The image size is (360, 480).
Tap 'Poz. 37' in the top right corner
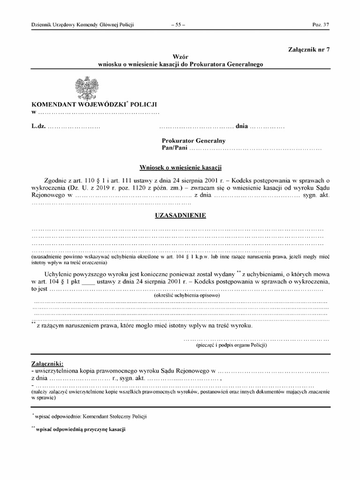pyautogui.click(x=321, y=25)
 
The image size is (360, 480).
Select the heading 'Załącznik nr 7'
pyautogui.click(x=309, y=50)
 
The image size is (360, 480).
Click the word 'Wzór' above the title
pyautogui.click(x=180, y=56)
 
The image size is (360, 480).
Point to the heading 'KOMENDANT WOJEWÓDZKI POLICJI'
pyautogui.click(x=94, y=105)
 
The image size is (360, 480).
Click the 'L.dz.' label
pyautogui.click(x=38, y=127)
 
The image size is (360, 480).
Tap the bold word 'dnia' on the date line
pyautogui.click(x=241, y=127)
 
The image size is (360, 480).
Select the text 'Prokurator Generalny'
pyautogui.click(x=194, y=141)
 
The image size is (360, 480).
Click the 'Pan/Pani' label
pyautogui.click(x=174, y=148)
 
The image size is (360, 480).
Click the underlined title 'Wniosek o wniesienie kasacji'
pyautogui.click(x=180, y=167)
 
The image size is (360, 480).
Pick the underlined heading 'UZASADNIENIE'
pyautogui.click(x=180, y=216)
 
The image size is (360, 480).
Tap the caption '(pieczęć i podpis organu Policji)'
pyautogui.click(x=232, y=345)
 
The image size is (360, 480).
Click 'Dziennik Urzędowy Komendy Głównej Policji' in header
pyautogui.click(x=82, y=25)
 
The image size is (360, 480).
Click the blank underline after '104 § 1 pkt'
pyautogui.click(x=88, y=282)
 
